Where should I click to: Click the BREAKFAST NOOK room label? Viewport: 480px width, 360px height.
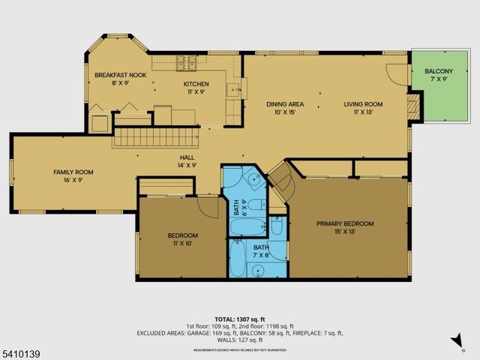tap(120, 75)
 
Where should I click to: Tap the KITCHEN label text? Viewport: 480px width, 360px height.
tap(196, 83)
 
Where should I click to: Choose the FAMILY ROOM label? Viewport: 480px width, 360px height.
tap(73, 172)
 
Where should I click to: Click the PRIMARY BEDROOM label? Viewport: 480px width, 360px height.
tap(344, 223)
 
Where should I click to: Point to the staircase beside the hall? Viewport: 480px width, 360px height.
tap(155, 137)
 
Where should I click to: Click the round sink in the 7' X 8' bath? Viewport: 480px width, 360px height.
tap(277, 229)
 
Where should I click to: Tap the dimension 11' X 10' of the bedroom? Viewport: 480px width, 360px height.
tap(182, 243)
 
